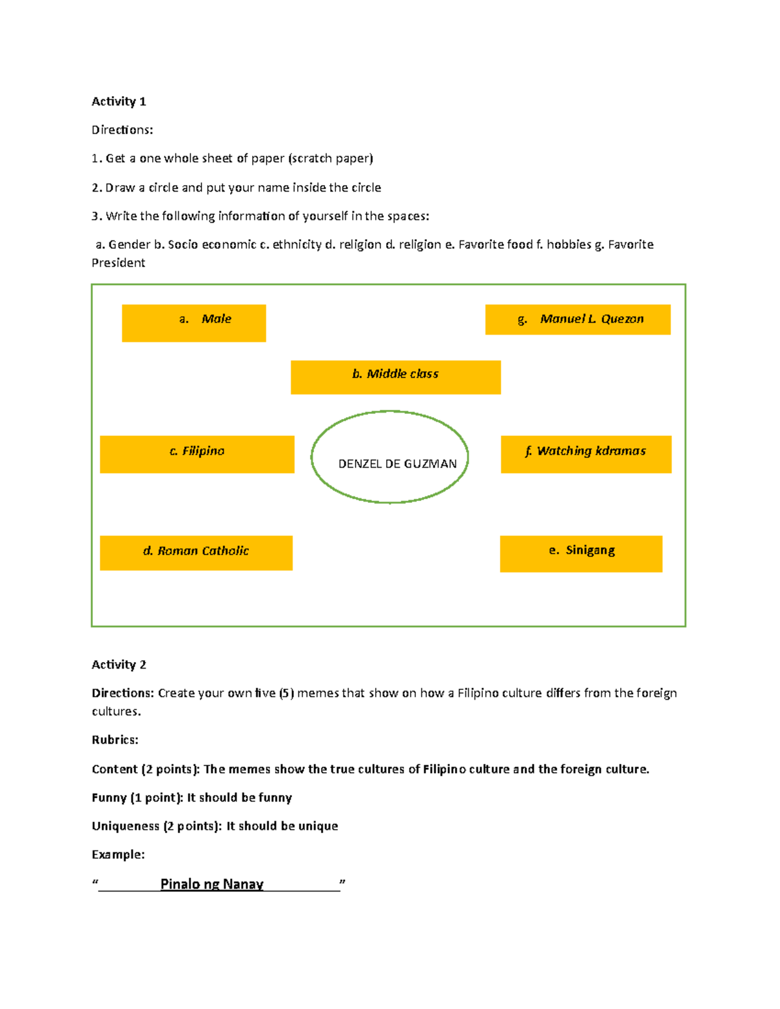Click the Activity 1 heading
pos(118,101)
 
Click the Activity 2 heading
pos(118,665)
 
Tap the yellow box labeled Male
pos(194,323)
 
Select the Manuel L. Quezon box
pos(577,320)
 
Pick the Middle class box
pos(395,377)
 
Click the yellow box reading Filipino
pos(197,454)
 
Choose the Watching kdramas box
pos(586,454)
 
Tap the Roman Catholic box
pos(196,553)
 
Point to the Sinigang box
pos(580,554)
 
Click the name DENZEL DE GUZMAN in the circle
pos(397,464)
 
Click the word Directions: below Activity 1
pos(122,130)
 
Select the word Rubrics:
pos(115,740)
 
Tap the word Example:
pos(118,854)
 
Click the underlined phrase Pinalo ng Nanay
pos(212,884)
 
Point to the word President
pos(118,263)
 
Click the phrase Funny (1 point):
pos(137,798)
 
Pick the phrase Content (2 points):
pos(146,769)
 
